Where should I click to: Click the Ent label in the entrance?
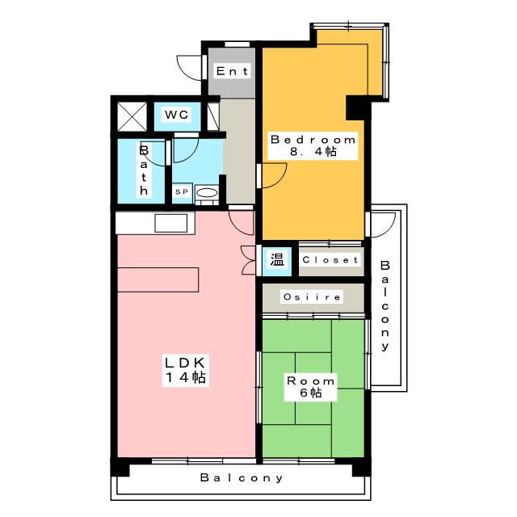click(232, 71)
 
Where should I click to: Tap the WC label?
click(177, 115)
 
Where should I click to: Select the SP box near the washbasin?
click(182, 191)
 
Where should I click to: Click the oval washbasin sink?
click(207, 192)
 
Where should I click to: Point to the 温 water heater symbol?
click(277, 259)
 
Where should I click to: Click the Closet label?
click(330, 260)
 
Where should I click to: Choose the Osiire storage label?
click(312, 297)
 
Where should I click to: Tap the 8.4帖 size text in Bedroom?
click(313, 152)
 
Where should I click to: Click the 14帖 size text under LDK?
click(186, 377)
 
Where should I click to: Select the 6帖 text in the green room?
click(310, 393)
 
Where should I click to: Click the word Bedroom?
click(313, 140)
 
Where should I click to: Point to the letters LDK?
click(185, 363)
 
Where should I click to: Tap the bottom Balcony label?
click(242, 477)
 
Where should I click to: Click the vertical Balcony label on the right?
click(385, 305)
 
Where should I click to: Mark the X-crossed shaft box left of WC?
click(132, 116)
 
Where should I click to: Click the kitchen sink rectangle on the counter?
click(170, 223)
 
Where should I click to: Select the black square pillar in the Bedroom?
click(358, 107)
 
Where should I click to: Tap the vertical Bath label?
click(144, 170)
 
